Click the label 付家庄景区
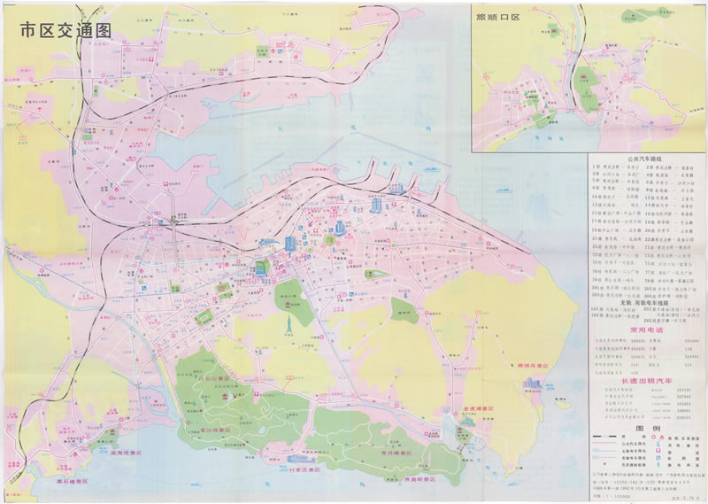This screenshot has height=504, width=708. [308, 469]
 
